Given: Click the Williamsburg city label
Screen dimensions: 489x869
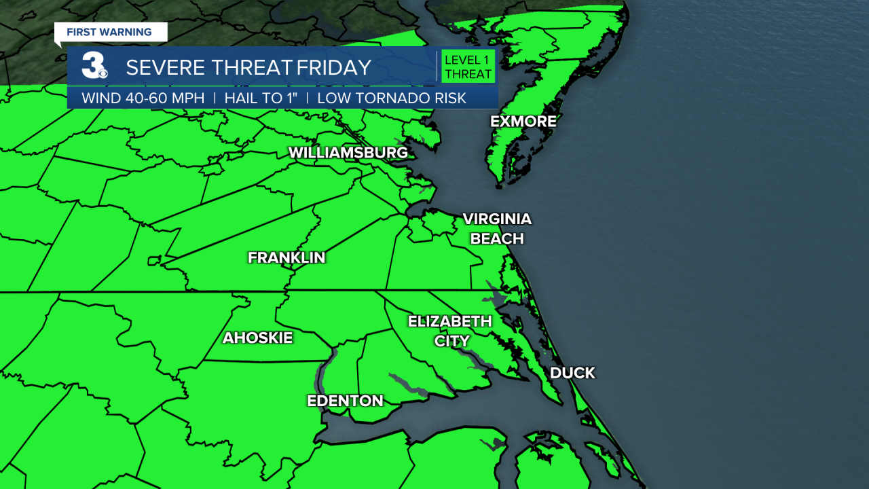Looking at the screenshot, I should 348,153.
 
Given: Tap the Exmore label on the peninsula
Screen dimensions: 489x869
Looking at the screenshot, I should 523,122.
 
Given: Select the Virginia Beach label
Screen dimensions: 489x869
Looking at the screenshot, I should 497,229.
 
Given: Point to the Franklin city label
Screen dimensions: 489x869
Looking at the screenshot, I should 286,258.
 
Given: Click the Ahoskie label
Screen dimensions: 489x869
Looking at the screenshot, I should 258,338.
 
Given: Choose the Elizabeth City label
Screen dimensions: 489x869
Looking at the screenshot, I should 449,331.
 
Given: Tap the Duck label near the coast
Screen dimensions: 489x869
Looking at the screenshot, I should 572,373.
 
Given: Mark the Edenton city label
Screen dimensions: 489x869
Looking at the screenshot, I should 346,401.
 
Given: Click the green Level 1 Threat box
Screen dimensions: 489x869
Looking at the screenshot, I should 468,67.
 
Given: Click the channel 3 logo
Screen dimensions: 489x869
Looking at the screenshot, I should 94,67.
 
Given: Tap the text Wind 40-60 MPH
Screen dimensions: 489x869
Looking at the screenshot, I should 143,98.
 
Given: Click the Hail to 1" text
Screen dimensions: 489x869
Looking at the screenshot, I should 261,98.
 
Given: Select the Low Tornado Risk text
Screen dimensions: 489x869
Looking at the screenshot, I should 392,98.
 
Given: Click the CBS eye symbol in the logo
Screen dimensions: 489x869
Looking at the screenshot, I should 103,73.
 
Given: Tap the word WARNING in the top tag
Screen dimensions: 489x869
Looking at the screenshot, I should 127,32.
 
